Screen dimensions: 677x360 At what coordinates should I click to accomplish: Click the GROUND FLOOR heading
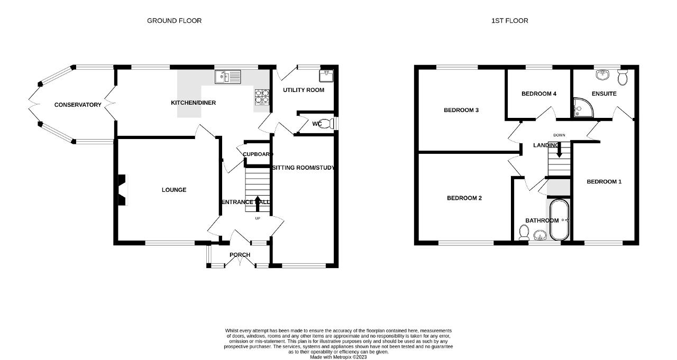(x=174, y=21)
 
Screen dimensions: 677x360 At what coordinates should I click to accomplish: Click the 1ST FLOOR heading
(x=509, y=21)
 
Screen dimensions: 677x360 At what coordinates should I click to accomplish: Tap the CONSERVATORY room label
(x=78, y=105)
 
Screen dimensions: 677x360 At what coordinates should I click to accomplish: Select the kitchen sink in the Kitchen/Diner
(x=228, y=77)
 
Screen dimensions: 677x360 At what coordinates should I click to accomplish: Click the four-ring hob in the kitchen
(x=262, y=97)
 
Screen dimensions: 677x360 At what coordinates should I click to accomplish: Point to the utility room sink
(x=326, y=76)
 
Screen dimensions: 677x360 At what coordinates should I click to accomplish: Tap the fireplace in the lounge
(x=122, y=190)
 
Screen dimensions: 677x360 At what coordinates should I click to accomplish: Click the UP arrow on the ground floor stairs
(x=258, y=204)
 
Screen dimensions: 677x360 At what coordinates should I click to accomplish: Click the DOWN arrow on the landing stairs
(x=559, y=150)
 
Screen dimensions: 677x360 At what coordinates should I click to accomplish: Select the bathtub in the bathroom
(x=559, y=220)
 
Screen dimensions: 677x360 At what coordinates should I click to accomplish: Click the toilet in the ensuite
(x=623, y=77)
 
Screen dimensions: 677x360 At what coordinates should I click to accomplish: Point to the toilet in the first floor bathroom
(x=523, y=234)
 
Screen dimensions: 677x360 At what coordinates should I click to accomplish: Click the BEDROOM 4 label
(x=539, y=94)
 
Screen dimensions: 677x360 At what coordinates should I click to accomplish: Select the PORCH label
(x=240, y=255)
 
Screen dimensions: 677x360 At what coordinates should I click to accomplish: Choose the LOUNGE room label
(x=174, y=190)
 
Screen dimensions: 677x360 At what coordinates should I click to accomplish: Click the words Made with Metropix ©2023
(x=338, y=357)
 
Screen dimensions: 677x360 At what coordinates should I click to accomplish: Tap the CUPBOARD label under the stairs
(x=258, y=154)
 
